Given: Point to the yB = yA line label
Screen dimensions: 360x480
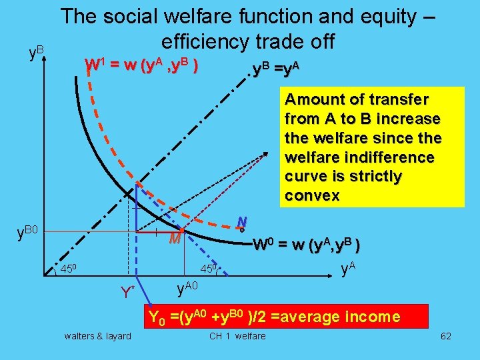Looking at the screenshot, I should pyautogui.click(x=274, y=68).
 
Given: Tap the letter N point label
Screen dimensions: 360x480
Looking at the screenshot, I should pyautogui.click(x=243, y=221).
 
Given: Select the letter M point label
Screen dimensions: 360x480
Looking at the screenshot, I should pyautogui.click(x=175, y=239).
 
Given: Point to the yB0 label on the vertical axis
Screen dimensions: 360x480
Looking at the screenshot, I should pyautogui.click(x=29, y=233).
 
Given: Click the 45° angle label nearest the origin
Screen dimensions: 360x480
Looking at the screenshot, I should pyautogui.click(x=70, y=269).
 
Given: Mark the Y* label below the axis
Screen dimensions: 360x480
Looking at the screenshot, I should pyautogui.click(x=128, y=292).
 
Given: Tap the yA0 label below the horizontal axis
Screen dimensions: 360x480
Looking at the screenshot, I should pyautogui.click(x=189, y=287).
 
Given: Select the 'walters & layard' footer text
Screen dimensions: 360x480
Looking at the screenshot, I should pyautogui.click(x=98, y=336).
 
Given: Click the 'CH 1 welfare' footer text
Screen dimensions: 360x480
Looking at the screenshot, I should pyautogui.click(x=237, y=336).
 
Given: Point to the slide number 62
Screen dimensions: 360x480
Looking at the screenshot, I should pyautogui.click(x=446, y=336).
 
